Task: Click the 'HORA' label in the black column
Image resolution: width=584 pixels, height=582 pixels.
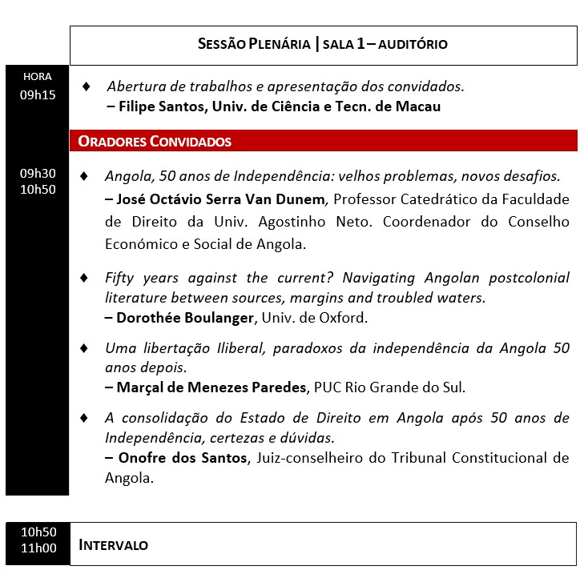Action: click(x=38, y=77)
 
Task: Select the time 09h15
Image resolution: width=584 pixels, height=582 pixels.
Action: click(x=38, y=95)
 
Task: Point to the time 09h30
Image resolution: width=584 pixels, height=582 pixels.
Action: click(x=38, y=173)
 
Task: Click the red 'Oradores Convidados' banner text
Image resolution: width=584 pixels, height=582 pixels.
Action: click(x=155, y=142)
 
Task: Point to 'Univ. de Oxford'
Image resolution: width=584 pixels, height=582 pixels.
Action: click(x=324, y=318)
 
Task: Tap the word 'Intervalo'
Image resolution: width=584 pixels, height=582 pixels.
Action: click(x=114, y=545)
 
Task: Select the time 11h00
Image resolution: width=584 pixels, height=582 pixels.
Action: click(x=38, y=548)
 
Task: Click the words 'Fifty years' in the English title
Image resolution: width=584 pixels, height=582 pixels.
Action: click(x=137, y=278)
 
